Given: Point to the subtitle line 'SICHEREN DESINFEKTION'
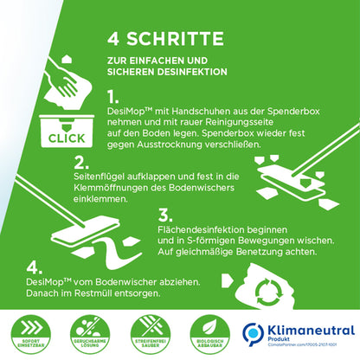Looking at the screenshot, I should (158, 72).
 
